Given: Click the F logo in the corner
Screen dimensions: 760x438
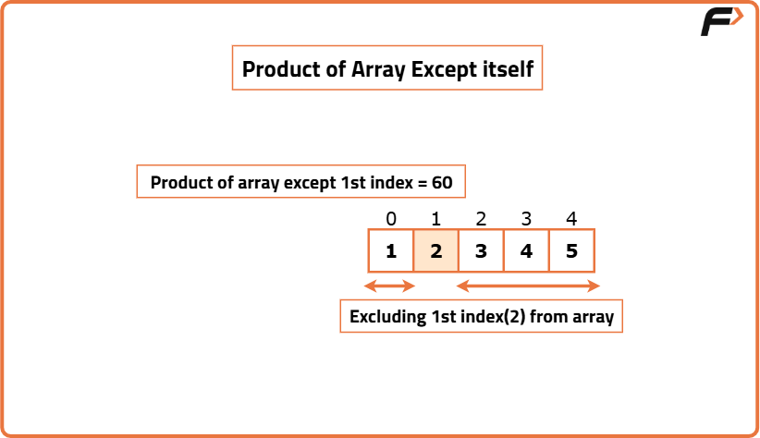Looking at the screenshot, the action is [x=722, y=21].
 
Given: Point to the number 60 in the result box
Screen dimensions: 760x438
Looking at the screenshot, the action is [x=442, y=183].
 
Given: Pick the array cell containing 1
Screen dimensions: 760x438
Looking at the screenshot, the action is [x=391, y=250].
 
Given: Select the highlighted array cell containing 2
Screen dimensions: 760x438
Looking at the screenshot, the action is [x=435, y=250].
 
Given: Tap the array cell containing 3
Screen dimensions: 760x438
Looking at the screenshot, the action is [x=481, y=250].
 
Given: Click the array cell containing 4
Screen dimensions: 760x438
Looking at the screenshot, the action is [x=526, y=250].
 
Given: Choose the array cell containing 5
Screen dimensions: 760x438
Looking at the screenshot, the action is [x=571, y=250].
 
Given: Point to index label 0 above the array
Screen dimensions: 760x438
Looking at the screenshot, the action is [x=391, y=219].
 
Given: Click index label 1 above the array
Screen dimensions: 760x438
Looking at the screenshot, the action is [x=435, y=219].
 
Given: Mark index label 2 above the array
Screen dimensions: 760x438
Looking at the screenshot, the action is [x=481, y=219].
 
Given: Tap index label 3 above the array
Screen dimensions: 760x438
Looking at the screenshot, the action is [x=526, y=219].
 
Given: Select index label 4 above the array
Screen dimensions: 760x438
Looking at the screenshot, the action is [x=571, y=219].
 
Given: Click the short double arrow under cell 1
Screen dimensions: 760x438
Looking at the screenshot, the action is [x=389, y=286].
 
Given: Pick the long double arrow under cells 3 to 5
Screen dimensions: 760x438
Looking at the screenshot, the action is [x=528, y=286].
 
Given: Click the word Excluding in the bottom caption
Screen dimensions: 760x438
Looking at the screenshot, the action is [x=387, y=316].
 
